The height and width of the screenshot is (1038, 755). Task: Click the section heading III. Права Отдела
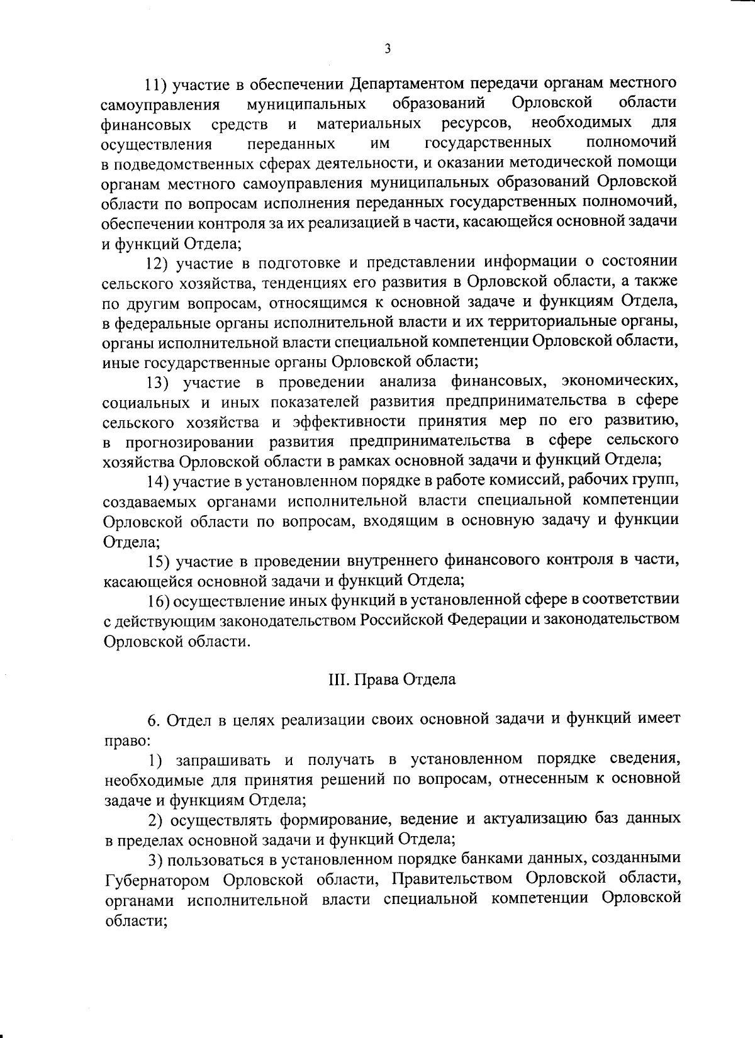(391, 680)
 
